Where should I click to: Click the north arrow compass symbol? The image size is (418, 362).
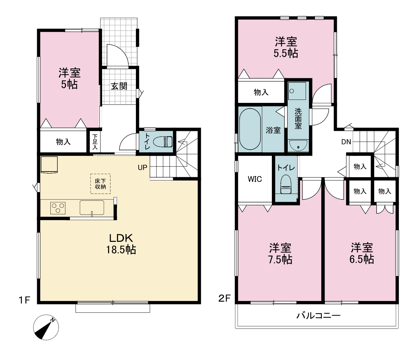pyautogui.click(x=46, y=327)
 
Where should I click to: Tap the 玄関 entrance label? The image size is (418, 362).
pyautogui.click(x=119, y=87)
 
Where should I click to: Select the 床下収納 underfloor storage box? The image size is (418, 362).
pyautogui.click(x=100, y=184)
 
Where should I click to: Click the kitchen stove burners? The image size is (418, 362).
pyautogui.click(x=58, y=208)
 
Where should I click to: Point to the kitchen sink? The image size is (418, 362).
pyautogui.click(x=92, y=207)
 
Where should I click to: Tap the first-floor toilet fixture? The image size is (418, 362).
pyautogui.click(x=163, y=142)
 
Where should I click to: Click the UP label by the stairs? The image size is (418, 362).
pyautogui.click(x=142, y=168)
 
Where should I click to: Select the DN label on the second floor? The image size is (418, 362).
pyautogui.click(x=346, y=142)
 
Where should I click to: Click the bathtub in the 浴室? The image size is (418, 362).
pyautogui.click(x=250, y=129)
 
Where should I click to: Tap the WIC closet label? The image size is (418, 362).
pyautogui.click(x=255, y=179)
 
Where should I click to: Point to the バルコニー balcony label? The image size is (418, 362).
pyautogui.click(x=319, y=316)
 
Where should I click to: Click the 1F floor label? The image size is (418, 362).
pyautogui.click(x=25, y=300)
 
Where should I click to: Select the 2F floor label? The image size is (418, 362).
pyautogui.click(x=224, y=298)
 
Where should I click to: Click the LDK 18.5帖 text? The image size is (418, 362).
pyautogui.click(x=121, y=244)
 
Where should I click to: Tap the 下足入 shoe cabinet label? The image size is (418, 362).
pyautogui.click(x=95, y=142)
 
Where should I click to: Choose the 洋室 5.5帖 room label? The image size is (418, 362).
pyautogui.click(x=286, y=47)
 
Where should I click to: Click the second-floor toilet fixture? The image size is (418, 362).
pyautogui.click(x=286, y=184)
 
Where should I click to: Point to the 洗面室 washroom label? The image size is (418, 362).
pyautogui.click(x=298, y=119)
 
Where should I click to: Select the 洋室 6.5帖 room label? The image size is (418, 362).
pyautogui.click(x=362, y=253)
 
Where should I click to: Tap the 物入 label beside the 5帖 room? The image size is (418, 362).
pyautogui.click(x=63, y=142)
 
